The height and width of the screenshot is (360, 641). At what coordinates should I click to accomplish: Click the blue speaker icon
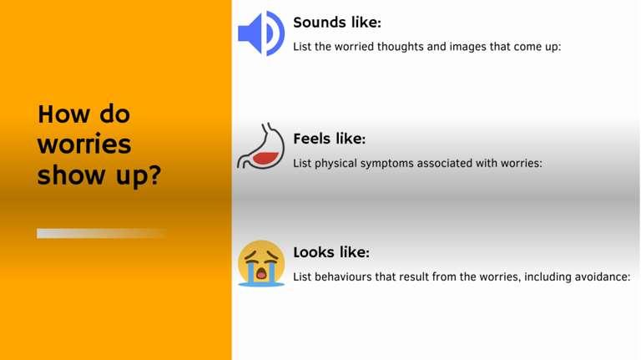tap(261, 33)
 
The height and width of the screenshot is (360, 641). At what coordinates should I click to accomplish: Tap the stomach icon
tap(260, 145)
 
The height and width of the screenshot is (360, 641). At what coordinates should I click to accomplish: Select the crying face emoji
tap(261, 263)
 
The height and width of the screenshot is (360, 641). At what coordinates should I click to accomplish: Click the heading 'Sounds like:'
tap(337, 23)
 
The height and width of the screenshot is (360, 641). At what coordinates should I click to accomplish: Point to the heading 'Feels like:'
tap(329, 139)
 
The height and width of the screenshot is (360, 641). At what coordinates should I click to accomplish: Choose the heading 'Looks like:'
tap(331, 252)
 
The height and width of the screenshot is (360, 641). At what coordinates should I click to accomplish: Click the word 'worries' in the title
tap(84, 144)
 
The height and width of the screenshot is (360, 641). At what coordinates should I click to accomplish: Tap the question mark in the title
tap(154, 175)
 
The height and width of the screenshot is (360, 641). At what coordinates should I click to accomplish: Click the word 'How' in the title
tap(63, 114)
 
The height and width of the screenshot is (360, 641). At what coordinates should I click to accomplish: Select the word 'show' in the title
tap(71, 175)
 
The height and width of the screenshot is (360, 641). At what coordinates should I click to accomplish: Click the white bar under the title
tap(101, 233)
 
